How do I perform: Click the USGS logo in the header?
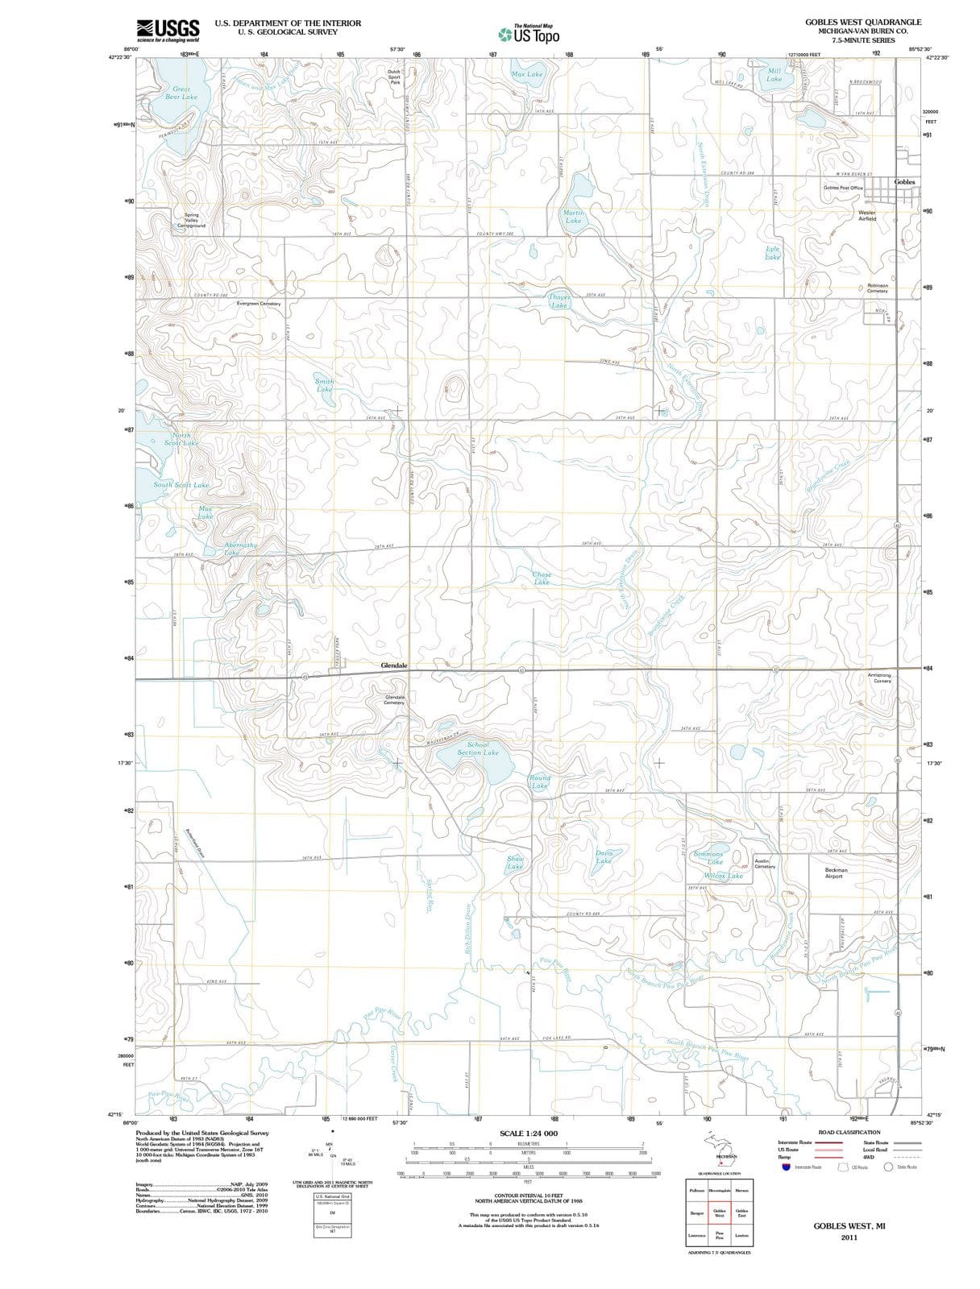click(x=168, y=30)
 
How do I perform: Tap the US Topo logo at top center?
click(x=529, y=35)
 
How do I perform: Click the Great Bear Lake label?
click(x=181, y=93)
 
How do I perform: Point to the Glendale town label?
click(x=394, y=665)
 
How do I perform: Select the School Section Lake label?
click(x=478, y=748)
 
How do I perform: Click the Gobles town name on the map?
click(x=904, y=182)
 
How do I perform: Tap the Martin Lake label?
click(x=573, y=216)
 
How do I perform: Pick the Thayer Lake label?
click(x=559, y=301)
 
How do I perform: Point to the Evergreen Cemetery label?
click(x=259, y=304)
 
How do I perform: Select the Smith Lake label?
click(x=324, y=385)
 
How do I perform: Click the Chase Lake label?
click(x=542, y=578)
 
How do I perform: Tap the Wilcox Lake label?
click(x=724, y=875)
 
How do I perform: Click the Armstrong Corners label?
click(x=878, y=678)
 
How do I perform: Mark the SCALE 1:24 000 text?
click(x=528, y=1134)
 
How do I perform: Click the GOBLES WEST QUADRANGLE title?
click(x=862, y=22)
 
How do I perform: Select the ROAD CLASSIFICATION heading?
click(x=849, y=1132)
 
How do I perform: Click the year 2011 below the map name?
click(x=849, y=1237)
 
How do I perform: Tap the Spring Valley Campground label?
click(x=191, y=220)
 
